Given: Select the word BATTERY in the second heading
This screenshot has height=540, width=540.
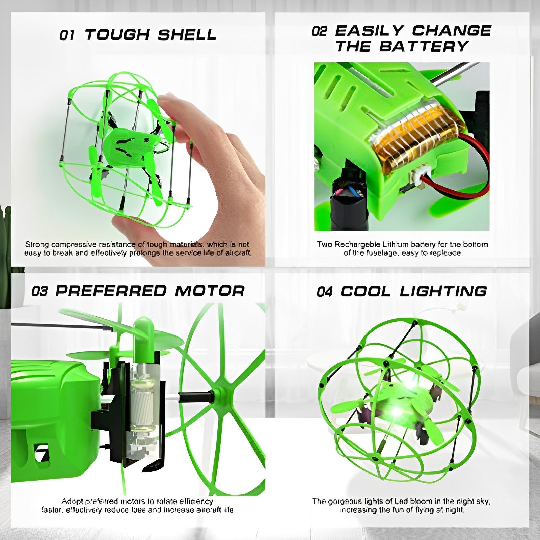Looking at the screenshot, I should click(424, 46).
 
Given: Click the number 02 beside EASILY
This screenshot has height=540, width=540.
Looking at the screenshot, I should click(319, 32).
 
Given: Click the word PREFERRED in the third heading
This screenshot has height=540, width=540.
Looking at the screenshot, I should click(111, 291).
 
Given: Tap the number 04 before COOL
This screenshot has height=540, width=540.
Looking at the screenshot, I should click(324, 292).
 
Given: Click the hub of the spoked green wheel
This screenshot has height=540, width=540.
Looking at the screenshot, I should click(220, 393).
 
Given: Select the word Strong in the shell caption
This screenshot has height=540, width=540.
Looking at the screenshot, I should click(37, 244).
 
